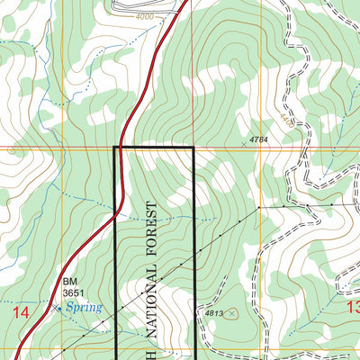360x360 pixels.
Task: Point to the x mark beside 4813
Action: [x=232, y=313]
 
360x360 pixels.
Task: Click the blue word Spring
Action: [x=82, y=307]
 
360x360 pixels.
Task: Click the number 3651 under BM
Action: [x=75, y=292]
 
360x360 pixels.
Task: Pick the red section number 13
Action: [x=352, y=306]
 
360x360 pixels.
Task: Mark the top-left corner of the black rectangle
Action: [x=114, y=147]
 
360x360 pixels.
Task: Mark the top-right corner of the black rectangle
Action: [x=193, y=147]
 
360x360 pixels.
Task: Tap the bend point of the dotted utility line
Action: [x=259, y=206]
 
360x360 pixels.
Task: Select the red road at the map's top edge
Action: [x=187, y=3]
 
